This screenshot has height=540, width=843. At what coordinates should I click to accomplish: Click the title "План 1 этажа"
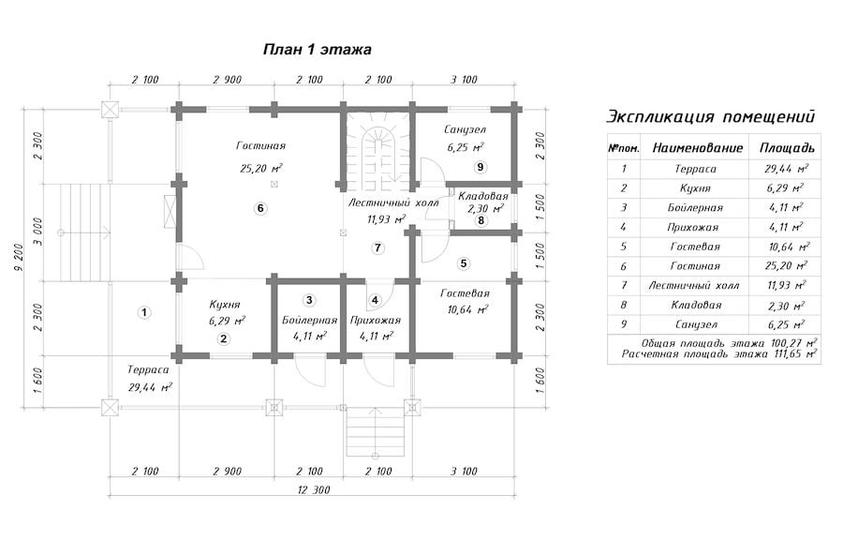(x=318, y=50)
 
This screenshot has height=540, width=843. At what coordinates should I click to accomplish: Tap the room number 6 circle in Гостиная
(x=260, y=208)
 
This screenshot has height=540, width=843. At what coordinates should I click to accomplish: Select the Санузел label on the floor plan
(x=465, y=129)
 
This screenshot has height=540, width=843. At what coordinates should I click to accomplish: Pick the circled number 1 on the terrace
(x=143, y=312)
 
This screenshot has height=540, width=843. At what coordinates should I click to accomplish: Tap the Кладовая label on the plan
(x=482, y=196)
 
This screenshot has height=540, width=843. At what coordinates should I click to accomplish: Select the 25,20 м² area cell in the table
(x=786, y=265)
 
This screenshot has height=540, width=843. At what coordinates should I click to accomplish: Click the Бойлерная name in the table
(x=695, y=207)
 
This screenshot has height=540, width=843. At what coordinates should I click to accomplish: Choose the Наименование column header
(x=697, y=148)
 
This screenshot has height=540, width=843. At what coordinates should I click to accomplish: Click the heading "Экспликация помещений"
(x=711, y=116)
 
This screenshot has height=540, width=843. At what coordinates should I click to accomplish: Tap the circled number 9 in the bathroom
(x=481, y=167)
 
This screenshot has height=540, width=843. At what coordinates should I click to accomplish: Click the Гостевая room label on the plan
(x=465, y=293)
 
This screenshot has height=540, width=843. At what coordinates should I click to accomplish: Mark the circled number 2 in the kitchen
(x=223, y=338)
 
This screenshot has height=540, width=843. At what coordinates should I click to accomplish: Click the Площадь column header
(x=787, y=148)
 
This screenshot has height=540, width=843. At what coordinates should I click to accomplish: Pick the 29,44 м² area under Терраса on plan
(x=150, y=386)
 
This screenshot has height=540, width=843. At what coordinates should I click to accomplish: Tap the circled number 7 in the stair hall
(x=378, y=247)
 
